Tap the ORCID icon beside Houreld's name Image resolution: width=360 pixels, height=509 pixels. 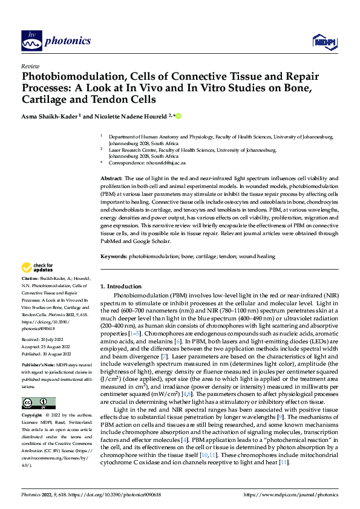point(178,115)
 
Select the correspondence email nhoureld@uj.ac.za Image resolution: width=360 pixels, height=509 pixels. point(181,163)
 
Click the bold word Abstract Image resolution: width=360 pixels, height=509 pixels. point(111,179)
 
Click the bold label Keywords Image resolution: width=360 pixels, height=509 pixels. point(113,257)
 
